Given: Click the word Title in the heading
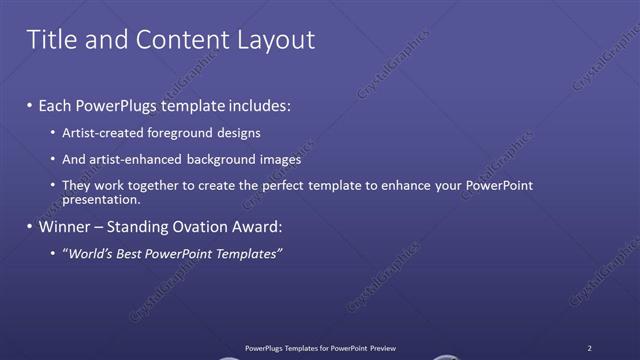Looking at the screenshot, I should [x=49, y=40].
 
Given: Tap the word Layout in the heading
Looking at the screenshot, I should [x=272, y=40].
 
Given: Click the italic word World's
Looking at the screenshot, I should [x=90, y=254].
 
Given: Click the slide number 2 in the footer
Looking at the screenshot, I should [x=589, y=348].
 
